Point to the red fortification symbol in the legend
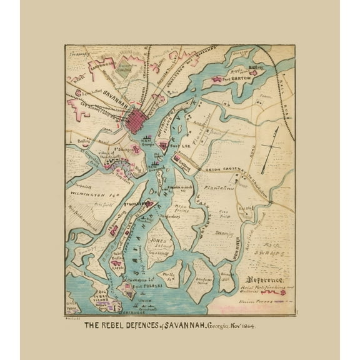[274, 292]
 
